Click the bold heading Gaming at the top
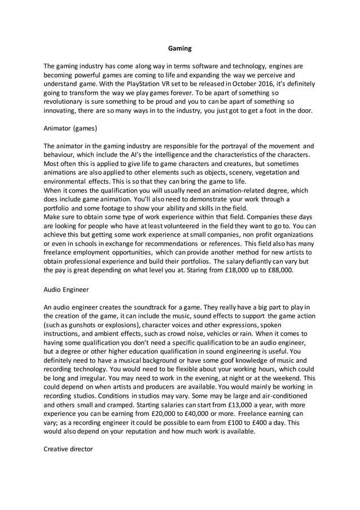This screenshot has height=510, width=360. tap(180, 49)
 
